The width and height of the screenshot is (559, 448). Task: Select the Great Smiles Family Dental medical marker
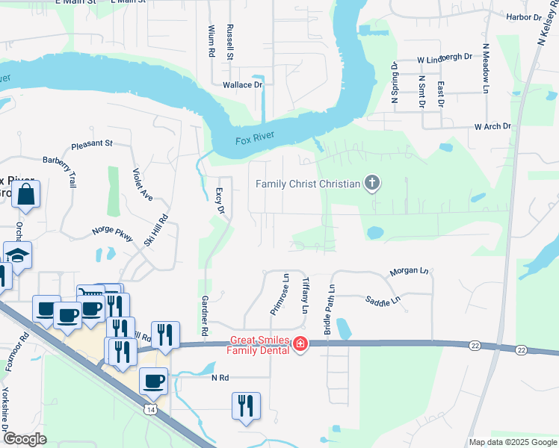pyautogui.click(x=300, y=344)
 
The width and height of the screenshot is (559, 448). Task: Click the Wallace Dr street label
pyautogui.click(x=243, y=85)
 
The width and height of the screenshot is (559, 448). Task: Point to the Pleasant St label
pyautogui.click(x=91, y=143)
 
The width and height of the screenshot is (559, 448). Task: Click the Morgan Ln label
pyautogui.click(x=408, y=272)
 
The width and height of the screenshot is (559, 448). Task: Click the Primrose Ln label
pyautogui.click(x=285, y=294)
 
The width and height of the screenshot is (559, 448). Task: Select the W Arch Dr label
pyautogui.click(x=492, y=127)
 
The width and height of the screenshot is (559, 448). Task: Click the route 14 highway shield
pyautogui.click(x=151, y=409)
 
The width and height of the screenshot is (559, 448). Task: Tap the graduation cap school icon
pyautogui.click(x=17, y=255)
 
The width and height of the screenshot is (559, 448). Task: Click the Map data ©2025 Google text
pyautogui.click(x=511, y=442)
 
